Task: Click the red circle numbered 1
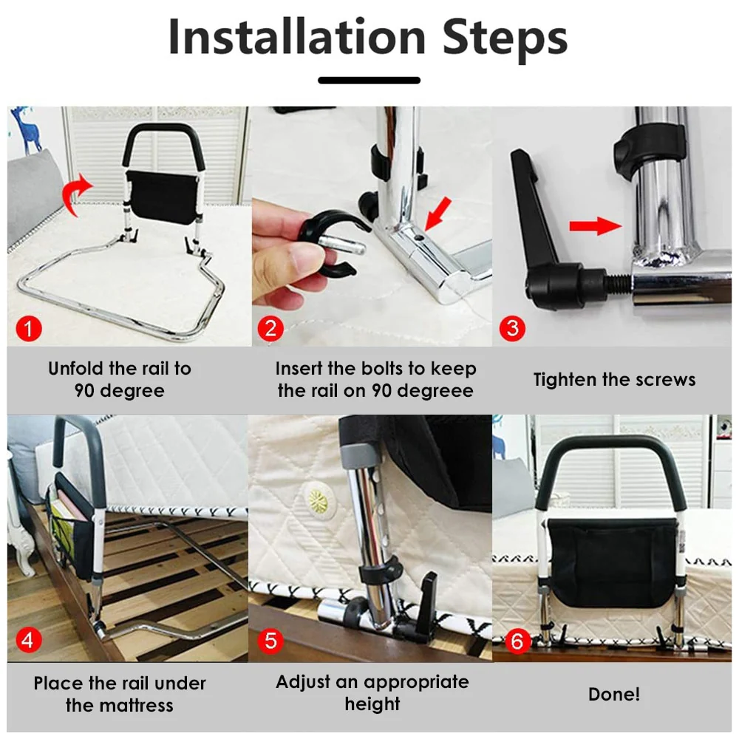click(29, 329)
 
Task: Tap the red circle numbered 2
click(270, 329)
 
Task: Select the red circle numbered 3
click(512, 329)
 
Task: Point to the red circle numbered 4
click(28, 641)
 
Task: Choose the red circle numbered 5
click(270, 641)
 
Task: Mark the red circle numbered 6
click(517, 641)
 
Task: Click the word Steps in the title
click(505, 38)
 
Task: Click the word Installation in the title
click(297, 36)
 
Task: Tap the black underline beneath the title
click(369, 81)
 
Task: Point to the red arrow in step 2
click(437, 214)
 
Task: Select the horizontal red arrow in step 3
click(595, 225)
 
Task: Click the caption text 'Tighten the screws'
click(614, 380)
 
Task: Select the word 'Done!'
click(614, 694)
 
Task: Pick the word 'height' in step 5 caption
click(372, 704)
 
